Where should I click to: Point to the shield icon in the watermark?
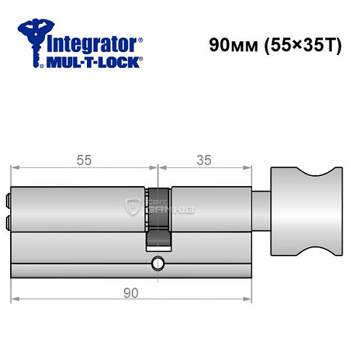[x=134, y=206]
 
